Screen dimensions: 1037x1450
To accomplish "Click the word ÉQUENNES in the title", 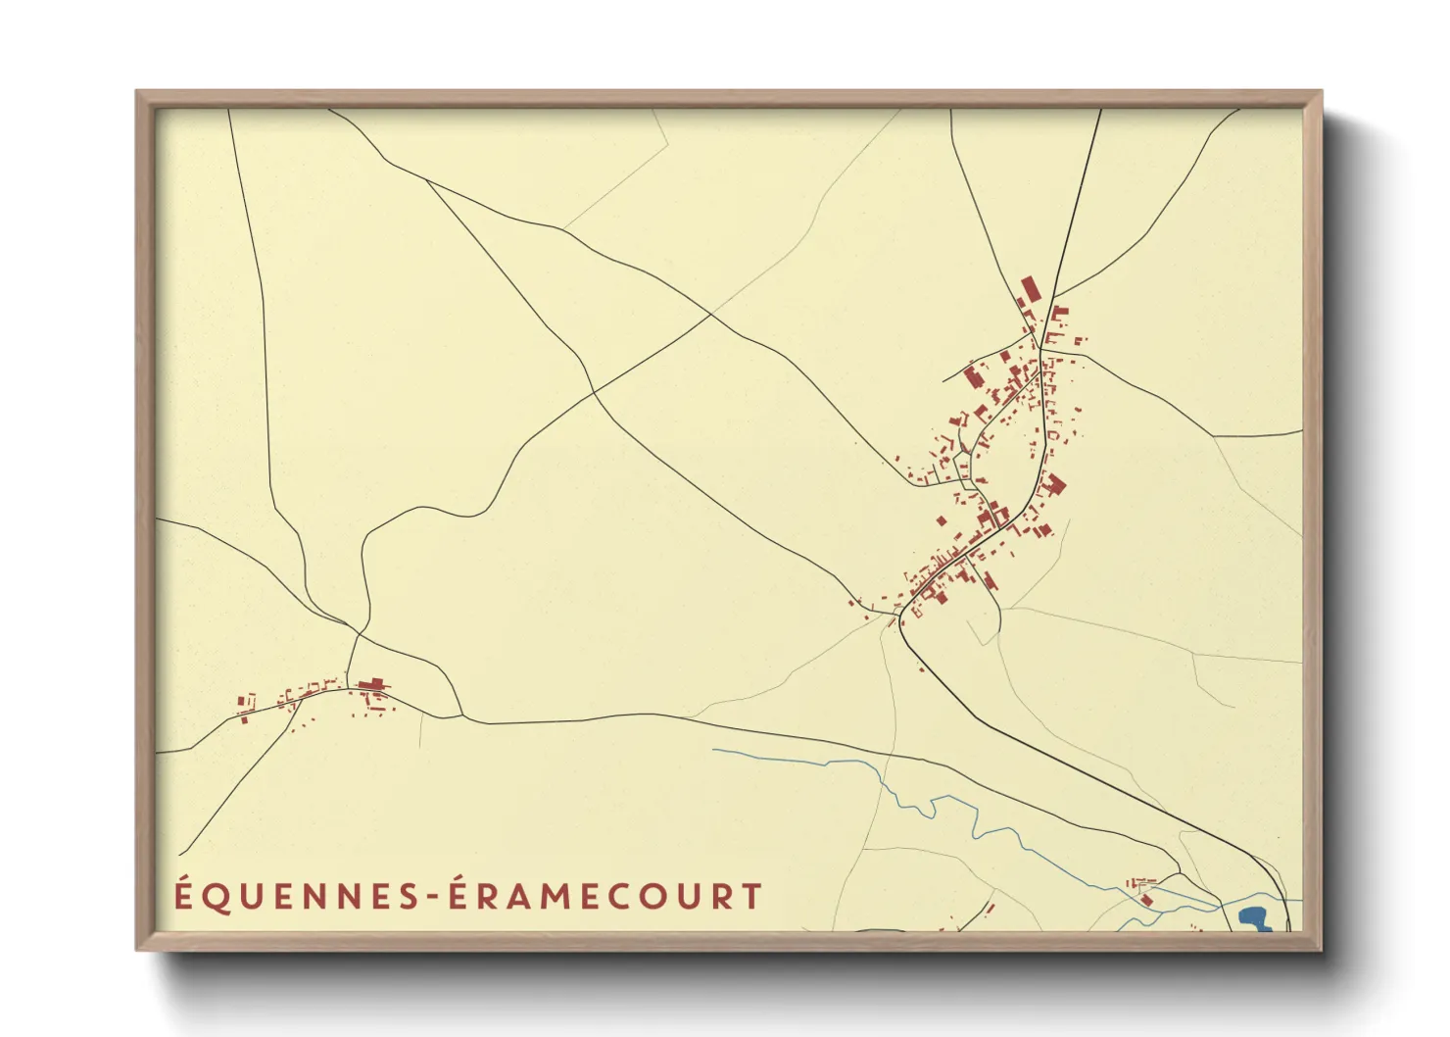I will click(297, 897).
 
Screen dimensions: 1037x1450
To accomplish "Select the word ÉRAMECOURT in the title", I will click(605, 897).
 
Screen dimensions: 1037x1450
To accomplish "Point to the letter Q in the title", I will click(217, 898).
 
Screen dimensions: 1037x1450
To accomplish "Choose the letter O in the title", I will click(651, 897).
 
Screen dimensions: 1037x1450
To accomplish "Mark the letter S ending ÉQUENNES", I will click(411, 897).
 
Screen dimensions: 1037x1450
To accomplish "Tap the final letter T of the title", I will click(751, 897).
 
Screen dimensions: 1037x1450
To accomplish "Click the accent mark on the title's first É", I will click(184, 879).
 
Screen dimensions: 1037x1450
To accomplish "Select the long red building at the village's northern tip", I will click(1029, 291).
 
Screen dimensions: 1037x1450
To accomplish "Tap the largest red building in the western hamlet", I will click(371, 685).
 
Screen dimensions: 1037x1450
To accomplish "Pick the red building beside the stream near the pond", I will click(1144, 898).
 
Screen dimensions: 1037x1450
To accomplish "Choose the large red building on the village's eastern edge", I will click(1054, 484).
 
